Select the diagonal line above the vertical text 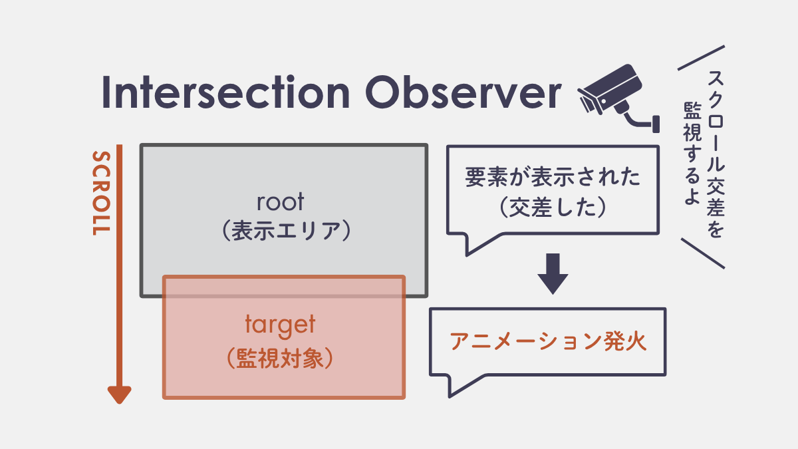coord(701,58)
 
